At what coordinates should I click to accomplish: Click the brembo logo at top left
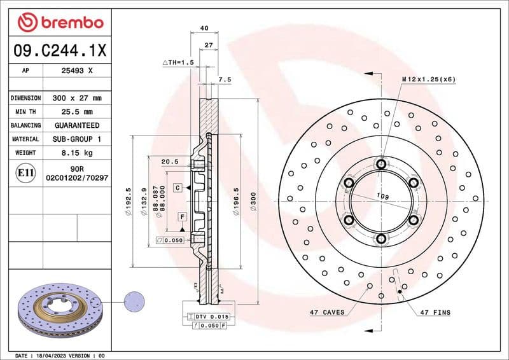pyautogui.click(x=60, y=24)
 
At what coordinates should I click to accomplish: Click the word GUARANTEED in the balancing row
pyautogui.click(x=76, y=125)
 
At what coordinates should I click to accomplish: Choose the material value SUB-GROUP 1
pyautogui.click(x=76, y=139)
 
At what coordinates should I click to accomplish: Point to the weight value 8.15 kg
pyautogui.click(x=76, y=153)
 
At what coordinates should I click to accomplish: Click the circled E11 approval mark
pyautogui.click(x=25, y=172)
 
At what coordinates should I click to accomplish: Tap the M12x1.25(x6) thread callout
pyautogui.click(x=428, y=80)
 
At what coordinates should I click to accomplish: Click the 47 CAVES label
pyautogui.click(x=327, y=312)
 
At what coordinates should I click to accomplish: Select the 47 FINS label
pyautogui.click(x=435, y=312)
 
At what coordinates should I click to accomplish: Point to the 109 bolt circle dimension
pyautogui.click(x=382, y=196)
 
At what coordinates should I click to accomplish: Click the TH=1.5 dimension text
pyautogui.click(x=178, y=62)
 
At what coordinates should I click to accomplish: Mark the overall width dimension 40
pyautogui.click(x=204, y=28)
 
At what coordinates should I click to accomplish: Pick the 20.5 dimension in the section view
pyautogui.click(x=169, y=162)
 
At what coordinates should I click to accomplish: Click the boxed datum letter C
pyautogui.click(x=179, y=188)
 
